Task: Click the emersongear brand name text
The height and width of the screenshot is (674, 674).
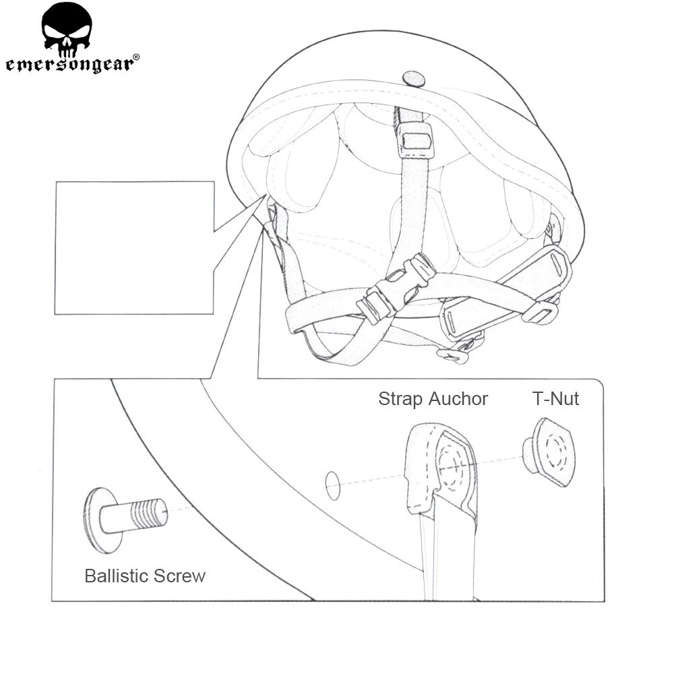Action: click(71, 64)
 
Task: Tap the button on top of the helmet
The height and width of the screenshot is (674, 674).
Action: click(414, 79)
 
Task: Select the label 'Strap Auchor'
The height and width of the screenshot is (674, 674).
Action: click(433, 398)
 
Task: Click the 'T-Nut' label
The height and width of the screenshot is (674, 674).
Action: click(555, 398)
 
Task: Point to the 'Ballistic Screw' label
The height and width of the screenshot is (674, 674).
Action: click(145, 576)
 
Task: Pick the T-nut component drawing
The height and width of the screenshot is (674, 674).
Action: click(549, 452)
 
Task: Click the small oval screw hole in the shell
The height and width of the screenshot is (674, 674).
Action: click(332, 485)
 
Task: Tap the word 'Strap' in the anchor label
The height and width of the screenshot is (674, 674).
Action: click(399, 398)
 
